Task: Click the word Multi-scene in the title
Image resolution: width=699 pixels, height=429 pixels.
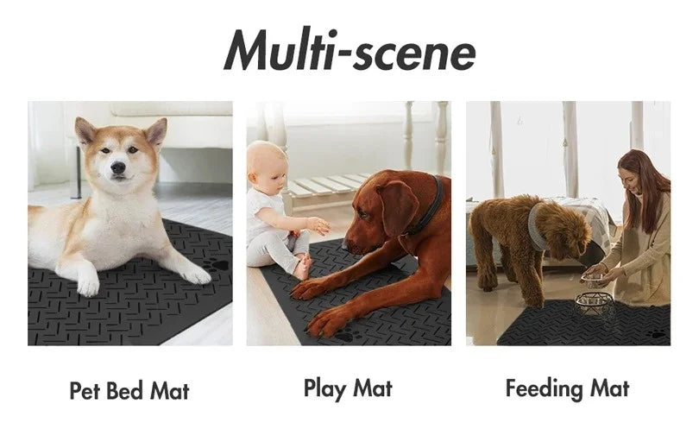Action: pyautogui.click(x=349, y=51)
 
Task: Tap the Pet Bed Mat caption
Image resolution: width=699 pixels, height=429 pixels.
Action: pyautogui.click(x=129, y=390)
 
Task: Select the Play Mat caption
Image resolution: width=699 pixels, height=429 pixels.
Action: pyautogui.click(x=348, y=388)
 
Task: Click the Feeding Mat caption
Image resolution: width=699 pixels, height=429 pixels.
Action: pyautogui.click(x=567, y=388)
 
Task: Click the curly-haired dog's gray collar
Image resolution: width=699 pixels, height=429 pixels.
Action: pyautogui.click(x=537, y=226)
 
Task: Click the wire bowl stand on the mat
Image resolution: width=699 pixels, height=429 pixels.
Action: pyautogui.click(x=595, y=306)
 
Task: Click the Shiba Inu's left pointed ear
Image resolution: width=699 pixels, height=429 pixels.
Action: pyautogui.click(x=85, y=131)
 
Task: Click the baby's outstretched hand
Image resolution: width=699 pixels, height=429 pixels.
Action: pyautogui.click(x=319, y=226)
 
